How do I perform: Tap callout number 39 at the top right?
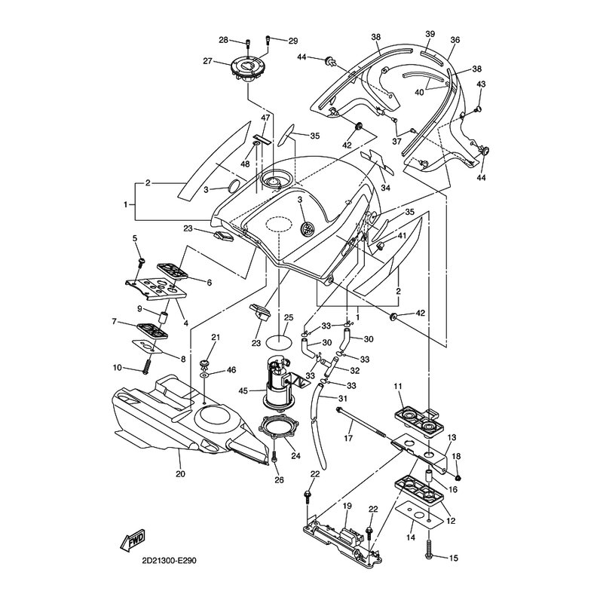430,35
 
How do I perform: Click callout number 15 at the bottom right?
454,559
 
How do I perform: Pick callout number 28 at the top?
224,40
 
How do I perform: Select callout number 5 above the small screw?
136,239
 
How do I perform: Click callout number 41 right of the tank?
403,236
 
